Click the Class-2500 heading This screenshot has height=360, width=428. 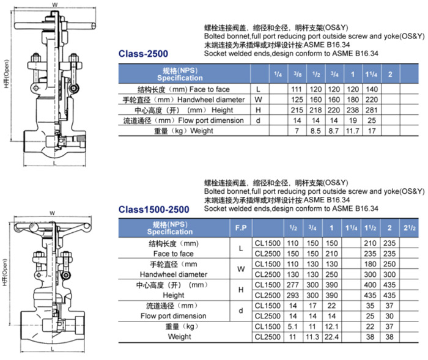pyautogui.click(x=143, y=54)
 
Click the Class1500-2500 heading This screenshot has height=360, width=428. pyautogui.click(x=153, y=210)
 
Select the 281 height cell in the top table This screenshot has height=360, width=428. pyautogui.click(x=372, y=110)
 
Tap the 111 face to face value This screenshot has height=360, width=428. pyautogui.click(x=297, y=89)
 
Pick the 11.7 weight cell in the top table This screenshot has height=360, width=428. pyautogui.click(x=353, y=131)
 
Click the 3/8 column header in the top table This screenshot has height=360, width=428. pyautogui.click(x=297, y=74)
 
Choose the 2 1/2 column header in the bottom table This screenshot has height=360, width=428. pyautogui.click(x=410, y=228)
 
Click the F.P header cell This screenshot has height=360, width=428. pyautogui.click(x=241, y=228)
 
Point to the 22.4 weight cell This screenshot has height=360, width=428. pyautogui.click(x=331, y=337)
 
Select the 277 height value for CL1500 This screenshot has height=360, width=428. pyautogui.click(x=293, y=285)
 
